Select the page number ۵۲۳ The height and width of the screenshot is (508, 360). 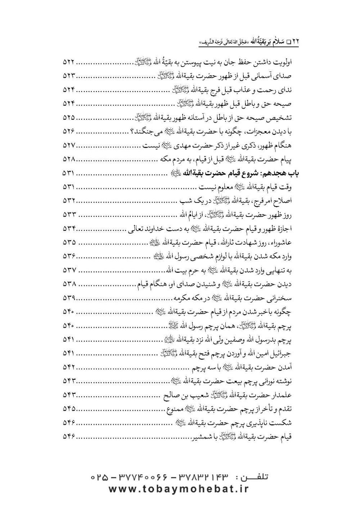point(68,76)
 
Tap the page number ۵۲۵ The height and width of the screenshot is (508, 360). point(68,118)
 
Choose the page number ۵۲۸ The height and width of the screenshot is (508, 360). point(68,159)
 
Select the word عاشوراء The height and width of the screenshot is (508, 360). point(280,242)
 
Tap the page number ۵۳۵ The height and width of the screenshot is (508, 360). point(68,242)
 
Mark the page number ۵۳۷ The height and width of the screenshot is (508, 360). point(68,270)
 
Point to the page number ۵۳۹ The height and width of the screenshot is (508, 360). point(68,298)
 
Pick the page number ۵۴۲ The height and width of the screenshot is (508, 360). point(68,367)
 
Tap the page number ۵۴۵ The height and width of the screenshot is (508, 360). point(68,409)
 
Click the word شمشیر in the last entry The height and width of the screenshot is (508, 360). point(196,437)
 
